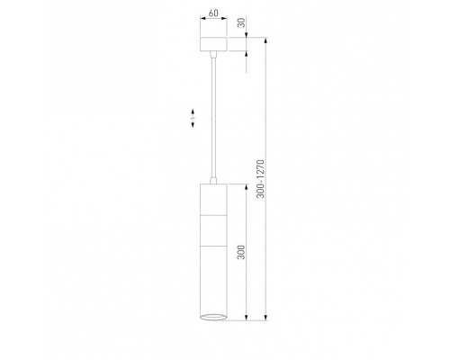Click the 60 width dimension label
[x=213, y=13]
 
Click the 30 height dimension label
[x=241, y=22]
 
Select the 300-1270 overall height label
[x=261, y=179]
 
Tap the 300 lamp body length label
[x=241, y=252]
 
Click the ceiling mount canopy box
[x=213, y=44]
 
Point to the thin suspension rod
[x=213, y=118]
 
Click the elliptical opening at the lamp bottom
[x=213, y=317]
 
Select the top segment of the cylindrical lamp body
[x=213, y=200]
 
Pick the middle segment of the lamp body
[x=213, y=230]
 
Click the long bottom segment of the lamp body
[x=213, y=281]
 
